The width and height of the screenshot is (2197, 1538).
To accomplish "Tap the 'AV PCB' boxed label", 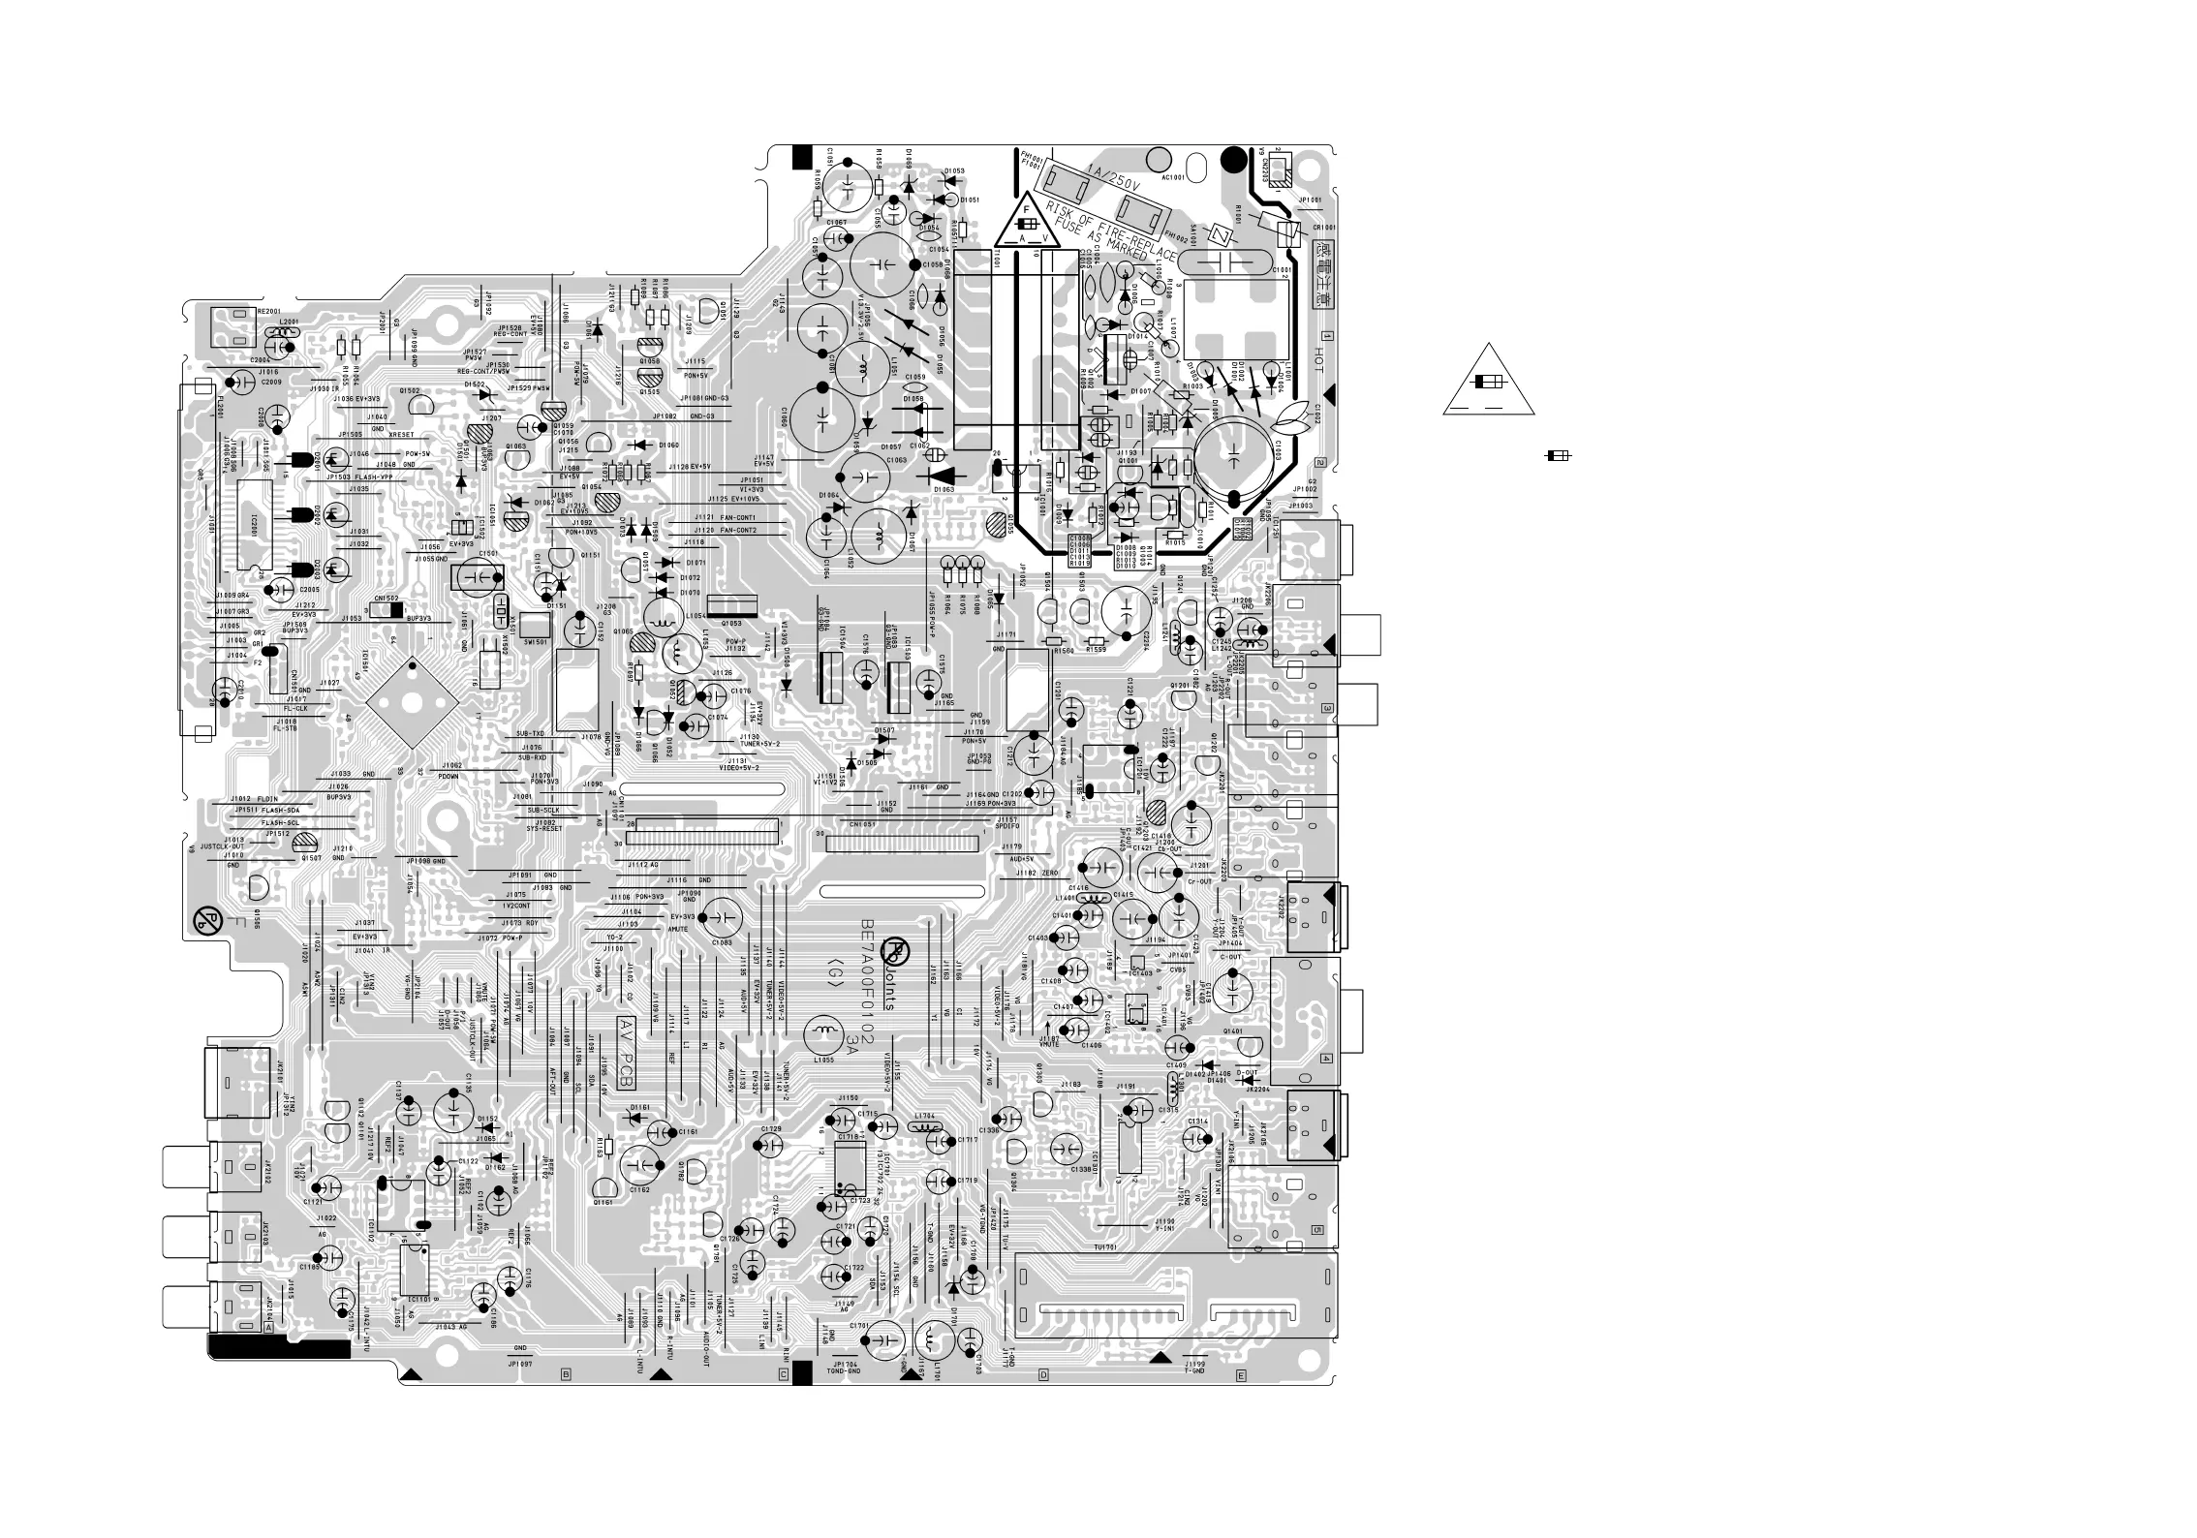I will pos(626,1041).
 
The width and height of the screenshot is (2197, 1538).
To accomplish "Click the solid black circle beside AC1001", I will pos(1233,159).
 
